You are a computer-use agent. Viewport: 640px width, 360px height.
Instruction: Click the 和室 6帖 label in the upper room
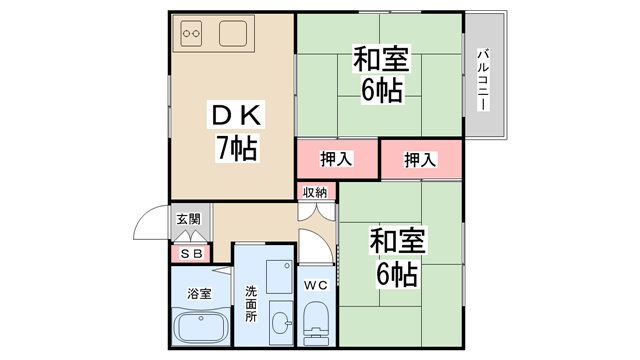379,75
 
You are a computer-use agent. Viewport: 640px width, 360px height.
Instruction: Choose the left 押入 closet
337,158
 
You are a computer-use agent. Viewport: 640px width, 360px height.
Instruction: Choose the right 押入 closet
421,158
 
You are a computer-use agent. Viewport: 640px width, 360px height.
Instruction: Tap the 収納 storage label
316,192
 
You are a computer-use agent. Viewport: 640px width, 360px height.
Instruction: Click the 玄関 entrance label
188,219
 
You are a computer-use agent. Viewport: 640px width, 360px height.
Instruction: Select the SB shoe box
189,254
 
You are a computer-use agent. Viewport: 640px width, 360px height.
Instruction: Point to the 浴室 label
199,294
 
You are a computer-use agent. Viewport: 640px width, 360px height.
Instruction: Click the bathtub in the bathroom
200,329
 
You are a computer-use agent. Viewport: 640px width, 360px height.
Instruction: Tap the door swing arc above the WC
316,245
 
